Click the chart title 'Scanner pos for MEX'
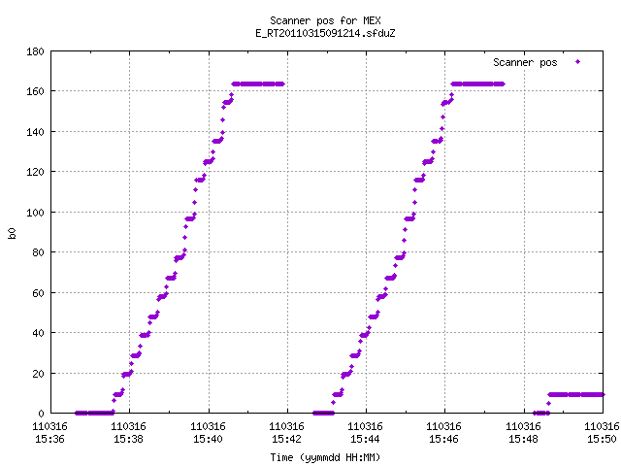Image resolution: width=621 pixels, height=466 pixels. click(x=325, y=20)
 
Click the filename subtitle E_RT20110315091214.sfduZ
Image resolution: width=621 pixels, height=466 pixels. click(x=325, y=33)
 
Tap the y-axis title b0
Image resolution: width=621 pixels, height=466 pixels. click(x=12, y=233)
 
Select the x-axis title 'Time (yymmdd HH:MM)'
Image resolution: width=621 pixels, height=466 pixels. click(x=325, y=457)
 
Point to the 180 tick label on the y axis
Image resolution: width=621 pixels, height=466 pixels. click(x=35, y=51)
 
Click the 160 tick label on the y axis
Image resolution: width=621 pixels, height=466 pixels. click(x=35, y=91)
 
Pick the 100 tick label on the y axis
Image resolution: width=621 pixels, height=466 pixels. click(x=35, y=213)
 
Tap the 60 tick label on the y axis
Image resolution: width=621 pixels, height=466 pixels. click(x=38, y=293)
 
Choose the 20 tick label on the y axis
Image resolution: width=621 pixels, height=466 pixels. click(x=38, y=374)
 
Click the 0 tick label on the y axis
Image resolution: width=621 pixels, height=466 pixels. click(x=41, y=414)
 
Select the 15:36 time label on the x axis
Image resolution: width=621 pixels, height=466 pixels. click(x=49, y=439)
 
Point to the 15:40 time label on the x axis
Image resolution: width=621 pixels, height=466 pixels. click(x=208, y=439)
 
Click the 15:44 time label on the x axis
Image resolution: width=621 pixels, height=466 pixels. click(x=365, y=439)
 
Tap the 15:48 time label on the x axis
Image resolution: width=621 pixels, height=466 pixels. click(x=523, y=439)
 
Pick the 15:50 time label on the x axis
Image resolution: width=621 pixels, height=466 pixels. click(x=602, y=439)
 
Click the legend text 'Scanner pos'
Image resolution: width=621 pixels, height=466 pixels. click(x=525, y=62)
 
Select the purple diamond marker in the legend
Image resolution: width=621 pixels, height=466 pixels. click(x=578, y=61)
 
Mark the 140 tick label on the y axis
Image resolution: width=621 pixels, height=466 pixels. click(x=35, y=132)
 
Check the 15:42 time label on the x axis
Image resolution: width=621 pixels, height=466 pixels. click(x=286, y=439)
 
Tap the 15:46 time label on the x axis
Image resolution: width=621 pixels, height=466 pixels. click(x=443, y=439)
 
